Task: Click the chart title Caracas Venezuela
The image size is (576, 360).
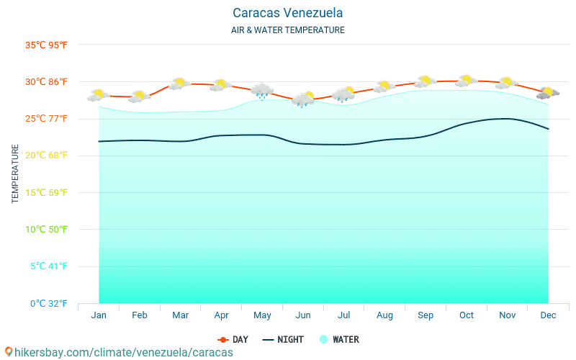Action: pos(288,13)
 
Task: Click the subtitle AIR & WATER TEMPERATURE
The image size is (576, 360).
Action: pos(288,30)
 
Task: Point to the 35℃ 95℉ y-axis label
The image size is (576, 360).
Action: pos(47,45)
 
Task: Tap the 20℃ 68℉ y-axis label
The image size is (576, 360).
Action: pos(47,156)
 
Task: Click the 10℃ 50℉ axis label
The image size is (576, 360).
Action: pos(47,230)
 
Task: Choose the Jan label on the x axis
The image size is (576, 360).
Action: pos(99,315)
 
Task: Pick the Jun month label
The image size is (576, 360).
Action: pos(303,315)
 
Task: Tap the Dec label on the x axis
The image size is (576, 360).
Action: pos(548,315)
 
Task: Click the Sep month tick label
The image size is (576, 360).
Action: pos(426,315)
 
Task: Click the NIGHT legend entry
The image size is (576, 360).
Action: pos(283,339)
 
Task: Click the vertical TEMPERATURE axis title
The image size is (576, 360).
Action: pos(15,174)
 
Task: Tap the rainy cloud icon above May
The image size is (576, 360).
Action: pos(262,91)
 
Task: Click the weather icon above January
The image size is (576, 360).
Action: pos(99,94)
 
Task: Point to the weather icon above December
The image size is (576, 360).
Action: pos(548,92)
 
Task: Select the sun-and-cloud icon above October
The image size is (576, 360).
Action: pos(467,81)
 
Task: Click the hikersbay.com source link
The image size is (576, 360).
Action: pos(119,352)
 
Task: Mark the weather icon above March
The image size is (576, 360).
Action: pos(180,84)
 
